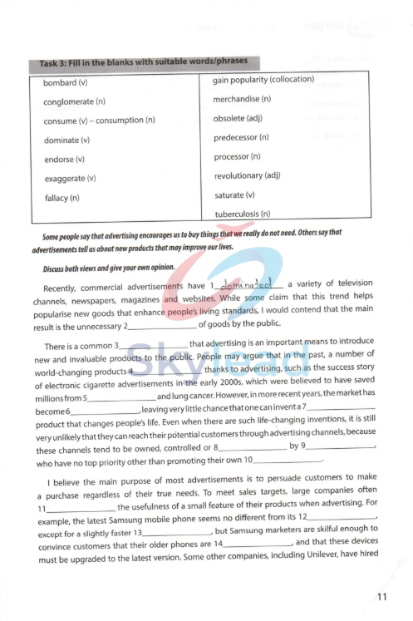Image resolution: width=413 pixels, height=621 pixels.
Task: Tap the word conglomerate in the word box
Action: click(74, 102)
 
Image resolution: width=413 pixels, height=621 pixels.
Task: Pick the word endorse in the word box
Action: click(64, 160)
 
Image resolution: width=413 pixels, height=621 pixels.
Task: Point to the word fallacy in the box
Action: click(61, 198)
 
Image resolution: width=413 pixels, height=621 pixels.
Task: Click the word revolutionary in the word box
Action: click(246, 175)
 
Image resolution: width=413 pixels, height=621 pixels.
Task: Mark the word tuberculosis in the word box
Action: click(242, 214)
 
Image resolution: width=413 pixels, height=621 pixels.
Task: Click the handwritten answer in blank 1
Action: click(248, 286)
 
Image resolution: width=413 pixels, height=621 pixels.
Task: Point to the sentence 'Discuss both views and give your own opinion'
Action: click(108, 268)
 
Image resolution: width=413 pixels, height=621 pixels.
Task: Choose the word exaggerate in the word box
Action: click(69, 179)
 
